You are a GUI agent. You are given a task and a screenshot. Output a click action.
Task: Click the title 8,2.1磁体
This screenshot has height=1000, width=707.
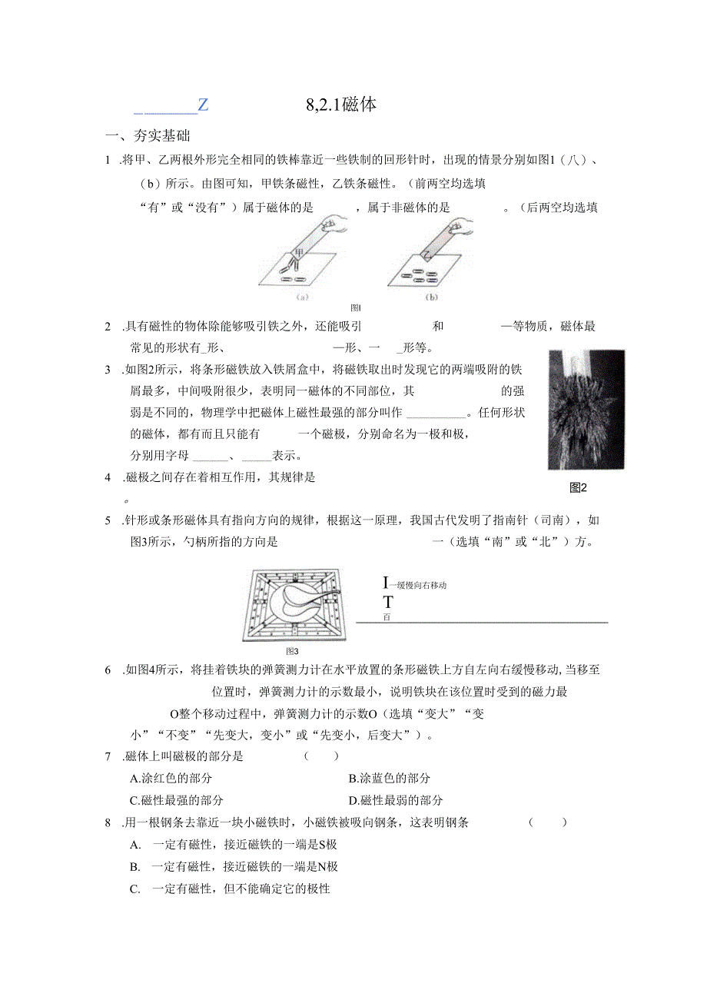[340, 105]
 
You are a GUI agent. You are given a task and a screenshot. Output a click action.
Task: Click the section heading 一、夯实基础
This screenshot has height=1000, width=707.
[148, 136]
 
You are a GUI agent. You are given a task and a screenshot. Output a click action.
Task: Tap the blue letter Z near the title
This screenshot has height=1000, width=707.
[203, 105]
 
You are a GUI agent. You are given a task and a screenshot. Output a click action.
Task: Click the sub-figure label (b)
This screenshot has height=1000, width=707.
[431, 296]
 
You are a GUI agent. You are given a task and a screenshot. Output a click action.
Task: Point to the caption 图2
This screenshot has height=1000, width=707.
[578, 487]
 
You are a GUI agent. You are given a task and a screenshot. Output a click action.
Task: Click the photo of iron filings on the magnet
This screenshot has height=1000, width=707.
[586, 410]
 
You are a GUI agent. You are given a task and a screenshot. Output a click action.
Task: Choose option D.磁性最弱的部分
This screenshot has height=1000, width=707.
[395, 800]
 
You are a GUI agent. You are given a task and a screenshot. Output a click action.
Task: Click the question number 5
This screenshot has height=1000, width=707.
[108, 521]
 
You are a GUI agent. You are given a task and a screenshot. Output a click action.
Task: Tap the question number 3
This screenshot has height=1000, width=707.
[108, 370]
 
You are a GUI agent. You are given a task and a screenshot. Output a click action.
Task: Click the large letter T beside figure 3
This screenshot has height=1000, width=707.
[388, 602]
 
